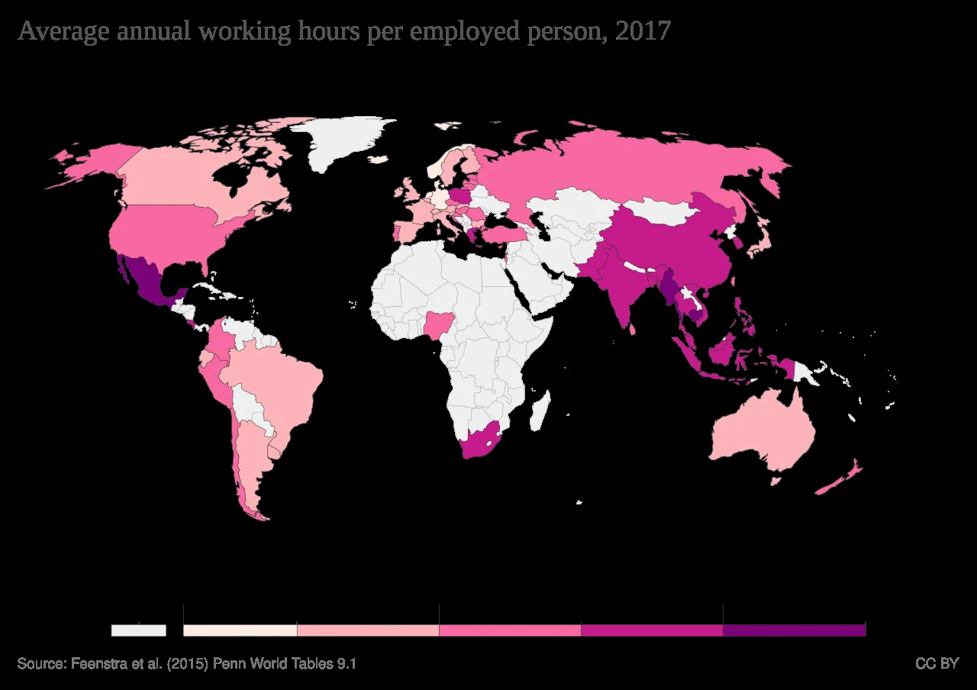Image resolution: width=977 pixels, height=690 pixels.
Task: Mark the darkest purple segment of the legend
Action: point(794,630)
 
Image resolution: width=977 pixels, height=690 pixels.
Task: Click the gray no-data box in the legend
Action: point(138,630)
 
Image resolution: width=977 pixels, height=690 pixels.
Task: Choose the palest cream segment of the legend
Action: point(240,630)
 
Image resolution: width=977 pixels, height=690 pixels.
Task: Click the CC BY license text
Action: point(937,663)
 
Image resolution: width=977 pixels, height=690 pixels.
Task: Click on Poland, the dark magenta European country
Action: point(460,195)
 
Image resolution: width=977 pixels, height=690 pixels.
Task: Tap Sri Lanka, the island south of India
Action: point(632,328)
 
